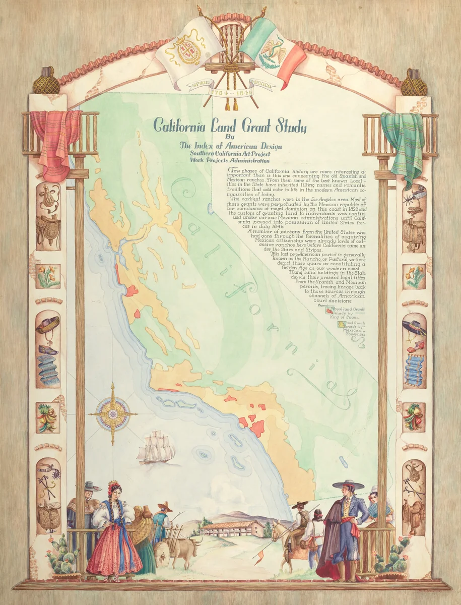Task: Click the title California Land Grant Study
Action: point(230,125)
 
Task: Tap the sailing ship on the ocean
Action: point(156,448)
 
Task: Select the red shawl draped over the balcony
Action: point(55,141)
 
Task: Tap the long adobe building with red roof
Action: point(231,528)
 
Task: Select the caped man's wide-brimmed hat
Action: point(347,485)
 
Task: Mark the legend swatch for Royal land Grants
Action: point(329,311)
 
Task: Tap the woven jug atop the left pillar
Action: point(46,82)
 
